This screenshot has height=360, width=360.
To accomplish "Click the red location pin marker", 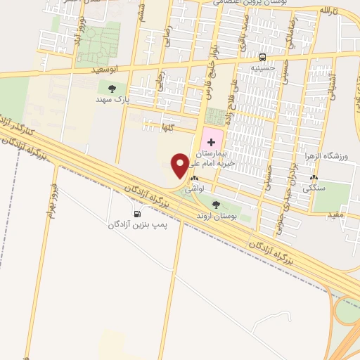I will pos(180,165).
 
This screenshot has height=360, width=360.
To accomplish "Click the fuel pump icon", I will pos(136,214).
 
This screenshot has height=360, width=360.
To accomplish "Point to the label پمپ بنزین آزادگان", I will pos(135,224).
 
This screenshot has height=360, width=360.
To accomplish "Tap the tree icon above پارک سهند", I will pos(111,89).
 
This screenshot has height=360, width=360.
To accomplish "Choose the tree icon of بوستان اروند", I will pos(215,204).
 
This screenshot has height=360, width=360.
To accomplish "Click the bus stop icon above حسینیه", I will pos(262,58).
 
